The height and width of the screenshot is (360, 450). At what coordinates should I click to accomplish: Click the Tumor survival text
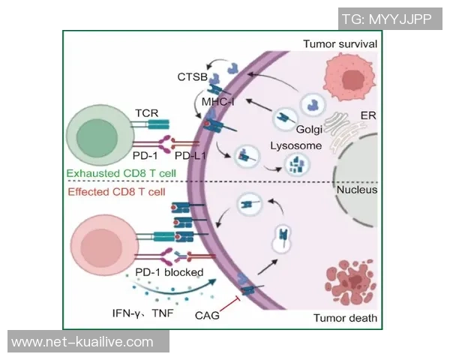tap(339, 44)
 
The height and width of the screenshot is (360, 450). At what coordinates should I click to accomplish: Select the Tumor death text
tap(345, 319)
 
